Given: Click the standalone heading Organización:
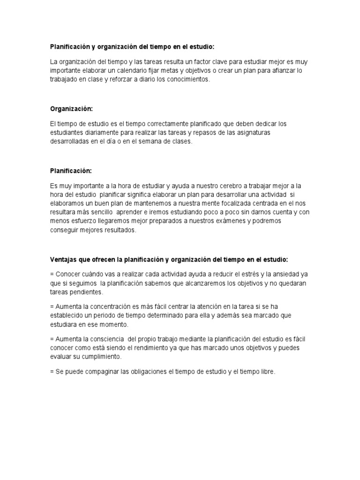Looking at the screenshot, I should (72, 109).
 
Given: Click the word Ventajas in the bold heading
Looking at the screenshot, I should (64, 260).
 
